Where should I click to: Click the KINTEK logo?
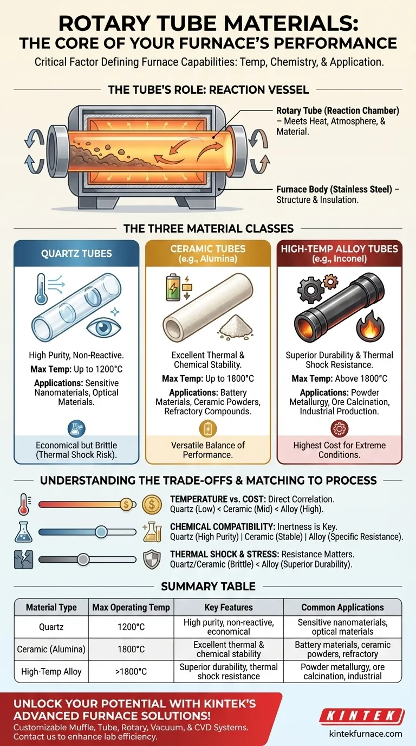(x=362, y=716)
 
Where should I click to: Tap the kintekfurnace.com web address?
(x=366, y=734)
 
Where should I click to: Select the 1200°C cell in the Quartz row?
(x=131, y=627)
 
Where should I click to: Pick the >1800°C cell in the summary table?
(x=131, y=672)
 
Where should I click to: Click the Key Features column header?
(x=229, y=607)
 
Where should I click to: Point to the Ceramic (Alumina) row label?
(x=51, y=649)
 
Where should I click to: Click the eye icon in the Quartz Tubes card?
(x=103, y=327)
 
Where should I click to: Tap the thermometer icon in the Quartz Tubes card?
(x=41, y=290)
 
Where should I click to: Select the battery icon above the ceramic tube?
(x=173, y=287)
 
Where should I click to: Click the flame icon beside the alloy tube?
(x=370, y=324)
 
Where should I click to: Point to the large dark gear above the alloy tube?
(x=310, y=290)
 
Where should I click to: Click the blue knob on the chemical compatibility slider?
(x=101, y=532)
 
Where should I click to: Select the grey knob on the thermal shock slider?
(x=83, y=559)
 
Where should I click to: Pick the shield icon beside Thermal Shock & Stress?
(x=152, y=559)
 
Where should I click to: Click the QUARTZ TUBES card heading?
(x=76, y=253)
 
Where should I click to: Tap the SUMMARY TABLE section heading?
(x=209, y=586)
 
